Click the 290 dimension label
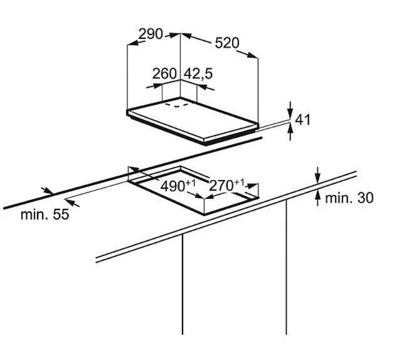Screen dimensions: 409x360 pyautogui.click(x=151, y=34)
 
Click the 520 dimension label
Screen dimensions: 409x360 pyautogui.click(x=227, y=43)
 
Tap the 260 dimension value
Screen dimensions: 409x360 pyautogui.click(x=164, y=74)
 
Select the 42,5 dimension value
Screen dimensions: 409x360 pyautogui.click(x=198, y=74)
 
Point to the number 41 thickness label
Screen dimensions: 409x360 pyautogui.click(x=302, y=120)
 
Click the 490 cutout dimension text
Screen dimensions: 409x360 pyautogui.click(x=173, y=186)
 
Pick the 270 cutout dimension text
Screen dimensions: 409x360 pyautogui.click(x=221, y=186)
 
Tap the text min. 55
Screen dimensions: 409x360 pyautogui.click(x=45, y=214)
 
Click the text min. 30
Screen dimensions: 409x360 pyautogui.click(x=349, y=198)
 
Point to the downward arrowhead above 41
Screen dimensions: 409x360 pyautogui.click(x=290, y=114)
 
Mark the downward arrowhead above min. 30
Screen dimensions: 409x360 pyautogui.click(x=317, y=177)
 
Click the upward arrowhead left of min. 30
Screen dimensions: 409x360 pyautogui.click(x=317, y=196)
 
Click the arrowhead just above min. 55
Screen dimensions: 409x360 pyautogui.click(x=48, y=191)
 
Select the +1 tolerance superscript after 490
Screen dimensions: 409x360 pyautogui.click(x=190, y=183)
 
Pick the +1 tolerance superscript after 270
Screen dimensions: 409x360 pyautogui.click(x=239, y=183)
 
